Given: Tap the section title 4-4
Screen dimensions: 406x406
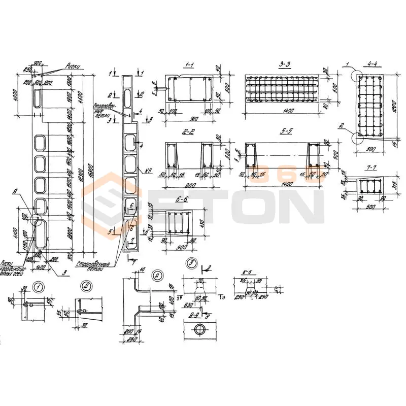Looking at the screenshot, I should click(x=372, y=64).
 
